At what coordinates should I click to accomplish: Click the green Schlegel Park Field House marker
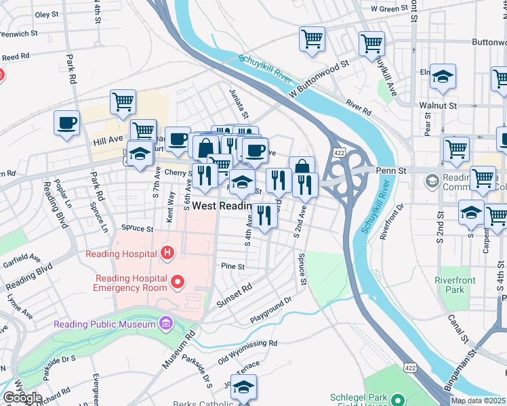click(x=397, y=399)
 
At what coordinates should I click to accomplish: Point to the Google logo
click(x=22, y=398)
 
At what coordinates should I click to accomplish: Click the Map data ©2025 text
click(x=478, y=401)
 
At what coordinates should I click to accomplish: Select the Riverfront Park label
click(x=455, y=284)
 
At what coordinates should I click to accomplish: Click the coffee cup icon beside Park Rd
click(x=66, y=123)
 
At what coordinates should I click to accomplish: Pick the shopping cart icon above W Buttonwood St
click(x=312, y=39)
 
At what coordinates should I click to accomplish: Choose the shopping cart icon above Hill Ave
click(x=123, y=101)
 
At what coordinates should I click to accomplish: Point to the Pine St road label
click(x=232, y=267)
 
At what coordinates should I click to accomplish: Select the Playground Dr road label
click(x=270, y=309)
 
